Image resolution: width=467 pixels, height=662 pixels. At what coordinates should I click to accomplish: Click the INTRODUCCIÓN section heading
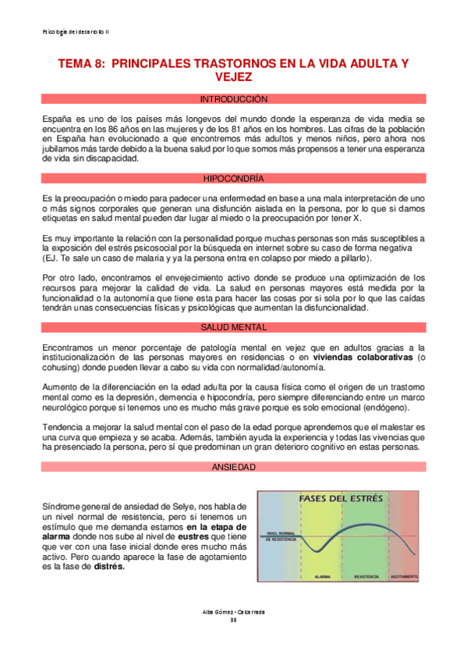233,100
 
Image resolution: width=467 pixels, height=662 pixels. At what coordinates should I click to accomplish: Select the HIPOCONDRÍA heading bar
233,178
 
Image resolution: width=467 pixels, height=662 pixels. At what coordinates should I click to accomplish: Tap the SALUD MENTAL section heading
233,305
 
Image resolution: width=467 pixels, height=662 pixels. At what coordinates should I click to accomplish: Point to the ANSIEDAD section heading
233,467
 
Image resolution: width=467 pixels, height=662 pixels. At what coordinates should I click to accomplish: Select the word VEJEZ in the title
233,77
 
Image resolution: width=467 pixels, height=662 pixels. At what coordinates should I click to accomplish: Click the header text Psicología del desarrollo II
76,31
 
